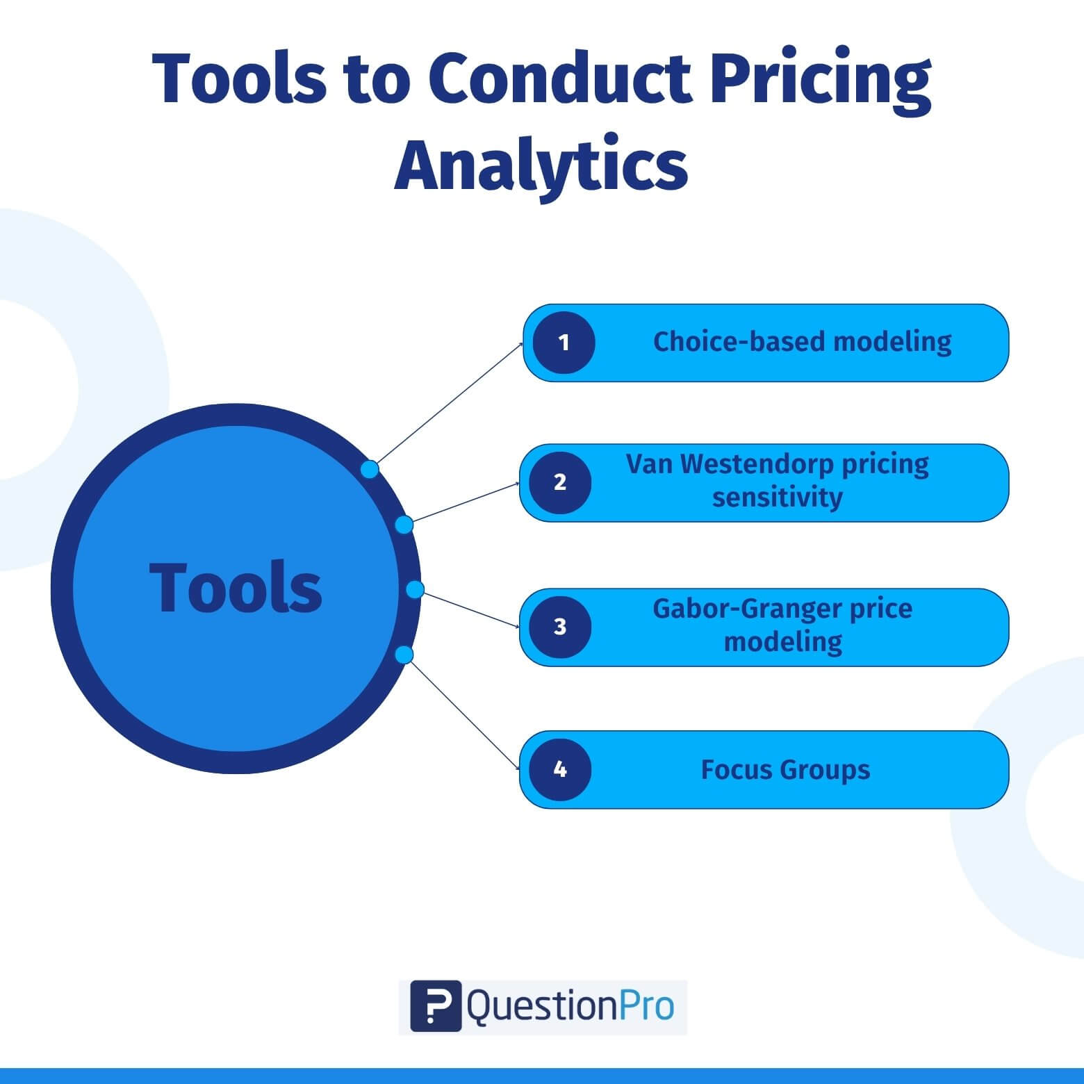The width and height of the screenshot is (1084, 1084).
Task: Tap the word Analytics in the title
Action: (x=541, y=167)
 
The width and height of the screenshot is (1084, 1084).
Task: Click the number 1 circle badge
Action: (x=564, y=343)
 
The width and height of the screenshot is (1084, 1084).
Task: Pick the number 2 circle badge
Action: (x=560, y=482)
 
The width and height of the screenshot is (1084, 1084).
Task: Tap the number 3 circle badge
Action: (x=560, y=627)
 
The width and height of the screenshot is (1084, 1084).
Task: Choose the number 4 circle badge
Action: (x=560, y=770)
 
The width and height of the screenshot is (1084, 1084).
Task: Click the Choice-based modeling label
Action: (x=802, y=342)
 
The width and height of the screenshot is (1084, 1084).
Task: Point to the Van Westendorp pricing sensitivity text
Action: (x=778, y=480)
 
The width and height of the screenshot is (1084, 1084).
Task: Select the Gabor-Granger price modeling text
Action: (x=782, y=625)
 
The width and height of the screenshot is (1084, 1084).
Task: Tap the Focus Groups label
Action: (x=785, y=770)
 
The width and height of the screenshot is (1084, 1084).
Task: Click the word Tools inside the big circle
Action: (x=236, y=588)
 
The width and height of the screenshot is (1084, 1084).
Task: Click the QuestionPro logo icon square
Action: (x=436, y=1005)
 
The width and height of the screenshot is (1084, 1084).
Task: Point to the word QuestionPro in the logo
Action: (x=570, y=1007)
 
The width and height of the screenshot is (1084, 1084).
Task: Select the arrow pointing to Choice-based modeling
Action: (x=450, y=402)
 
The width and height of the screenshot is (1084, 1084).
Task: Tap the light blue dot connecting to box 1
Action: (x=370, y=469)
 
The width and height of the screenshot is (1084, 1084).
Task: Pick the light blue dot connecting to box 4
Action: (x=404, y=655)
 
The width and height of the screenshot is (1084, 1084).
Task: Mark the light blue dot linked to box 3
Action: (x=415, y=589)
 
